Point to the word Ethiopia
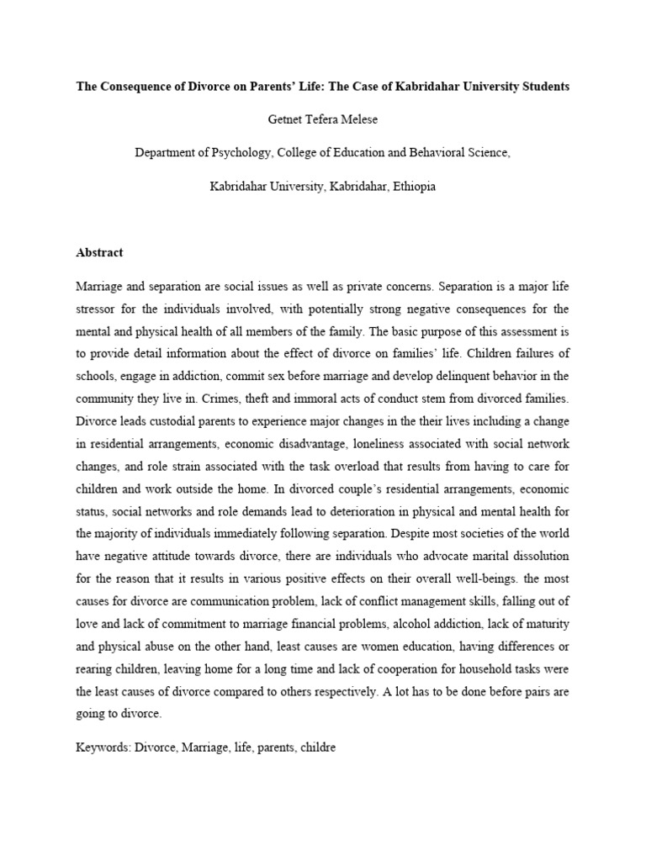click(x=410, y=186)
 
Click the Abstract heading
click(x=99, y=252)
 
